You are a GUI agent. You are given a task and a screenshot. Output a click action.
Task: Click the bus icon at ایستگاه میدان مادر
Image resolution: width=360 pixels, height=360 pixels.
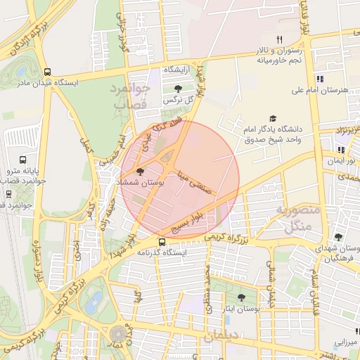(x=47, y=72)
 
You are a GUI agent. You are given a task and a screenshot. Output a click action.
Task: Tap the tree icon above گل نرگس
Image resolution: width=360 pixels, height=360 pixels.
(x=176, y=89)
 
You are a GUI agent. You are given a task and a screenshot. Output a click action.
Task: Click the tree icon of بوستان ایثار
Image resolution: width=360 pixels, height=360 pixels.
(x=242, y=297)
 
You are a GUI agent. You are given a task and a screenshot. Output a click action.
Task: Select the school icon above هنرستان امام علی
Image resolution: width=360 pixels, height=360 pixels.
(x=320, y=79)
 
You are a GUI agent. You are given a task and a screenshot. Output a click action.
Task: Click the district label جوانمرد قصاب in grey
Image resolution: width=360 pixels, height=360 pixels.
(x=129, y=96)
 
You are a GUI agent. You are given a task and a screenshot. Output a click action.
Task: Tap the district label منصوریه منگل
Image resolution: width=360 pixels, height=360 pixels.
(x=297, y=218)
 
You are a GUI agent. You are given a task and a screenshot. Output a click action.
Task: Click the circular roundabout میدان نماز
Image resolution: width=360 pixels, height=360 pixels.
(x=115, y=334)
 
